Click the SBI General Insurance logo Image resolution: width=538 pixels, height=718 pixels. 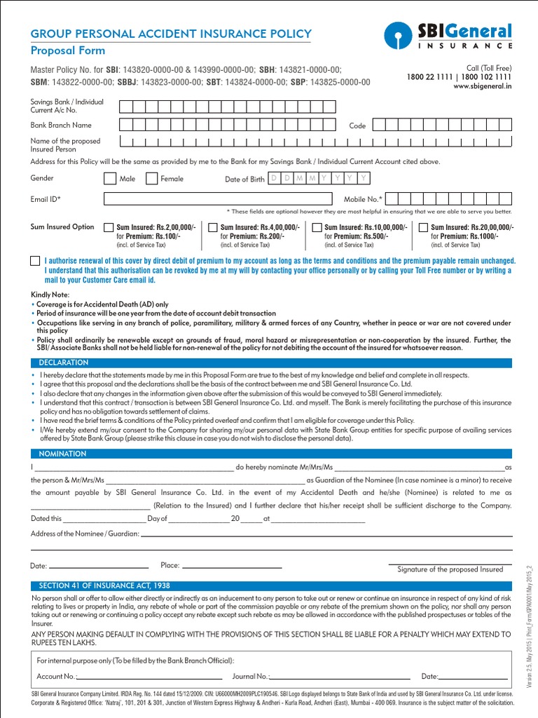pos(448,36)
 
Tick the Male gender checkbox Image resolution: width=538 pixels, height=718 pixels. pos(110,179)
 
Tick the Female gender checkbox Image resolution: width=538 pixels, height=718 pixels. pos(151,179)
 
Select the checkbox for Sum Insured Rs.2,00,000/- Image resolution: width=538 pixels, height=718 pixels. pos(108,228)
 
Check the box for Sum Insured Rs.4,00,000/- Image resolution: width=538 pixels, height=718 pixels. pos(212,228)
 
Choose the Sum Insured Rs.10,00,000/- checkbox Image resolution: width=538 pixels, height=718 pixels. pos(317,228)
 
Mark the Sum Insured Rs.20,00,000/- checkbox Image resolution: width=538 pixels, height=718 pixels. pos(422,228)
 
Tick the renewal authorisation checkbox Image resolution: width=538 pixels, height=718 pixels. pos(35,261)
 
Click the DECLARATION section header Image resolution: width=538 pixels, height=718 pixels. pos(64,363)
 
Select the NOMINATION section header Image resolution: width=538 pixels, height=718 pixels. pos(62,454)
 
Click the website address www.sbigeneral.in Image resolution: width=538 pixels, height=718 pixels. pos(482,86)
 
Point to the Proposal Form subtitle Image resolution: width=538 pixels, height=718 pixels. pos(67,50)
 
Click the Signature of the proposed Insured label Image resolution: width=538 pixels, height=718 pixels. pos(450,569)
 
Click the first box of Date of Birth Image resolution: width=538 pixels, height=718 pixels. pos(275,179)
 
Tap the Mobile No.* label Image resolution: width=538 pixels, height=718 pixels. pos(363,200)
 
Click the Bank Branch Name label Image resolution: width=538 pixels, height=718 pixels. pos(61,126)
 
